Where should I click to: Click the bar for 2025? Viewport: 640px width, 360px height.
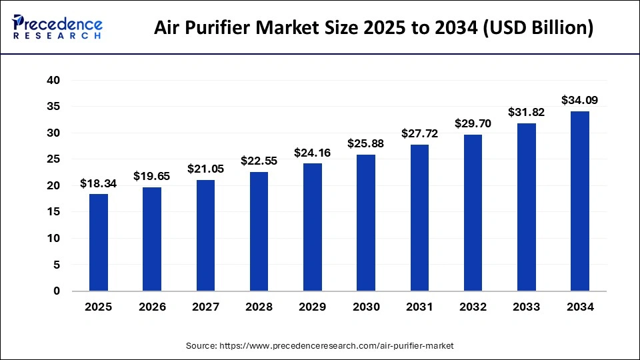[x=99, y=243]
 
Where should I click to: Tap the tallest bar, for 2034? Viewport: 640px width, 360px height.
[x=580, y=201]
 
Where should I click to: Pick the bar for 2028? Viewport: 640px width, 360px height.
[x=259, y=231]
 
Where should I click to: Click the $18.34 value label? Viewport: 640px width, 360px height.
[x=99, y=183]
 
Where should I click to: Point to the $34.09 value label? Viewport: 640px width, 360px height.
[x=579, y=101]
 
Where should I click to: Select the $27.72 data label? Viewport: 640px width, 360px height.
[x=419, y=134]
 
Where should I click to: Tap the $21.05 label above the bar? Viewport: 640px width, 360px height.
[x=205, y=169]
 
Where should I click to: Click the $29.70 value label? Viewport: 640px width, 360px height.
[x=473, y=123]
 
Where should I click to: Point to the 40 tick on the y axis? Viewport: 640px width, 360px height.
[x=53, y=81]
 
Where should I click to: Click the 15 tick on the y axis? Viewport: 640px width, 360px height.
[x=53, y=212]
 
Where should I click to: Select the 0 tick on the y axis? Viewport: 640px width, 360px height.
[x=56, y=291]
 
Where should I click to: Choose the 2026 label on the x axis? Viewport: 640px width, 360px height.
[x=152, y=307]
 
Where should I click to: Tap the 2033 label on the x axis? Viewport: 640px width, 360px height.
[x=527, y=307]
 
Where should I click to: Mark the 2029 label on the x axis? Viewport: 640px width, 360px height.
[x=313, y=307]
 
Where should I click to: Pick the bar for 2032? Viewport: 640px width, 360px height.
[x=473, y=213]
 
